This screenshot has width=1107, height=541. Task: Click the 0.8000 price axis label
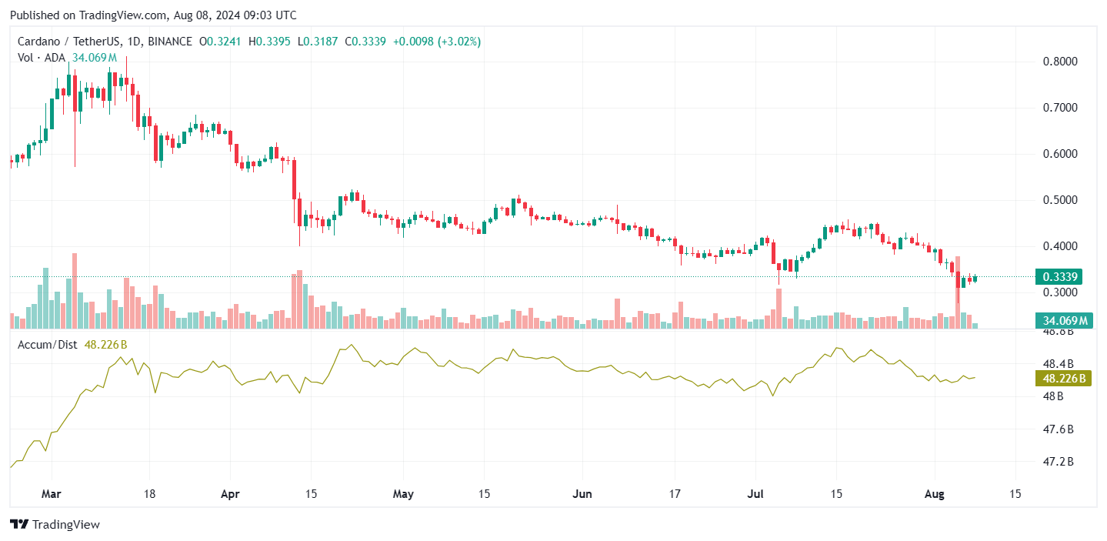[x=1060, y=62]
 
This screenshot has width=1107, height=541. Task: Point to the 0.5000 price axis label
[x=1060, y=200]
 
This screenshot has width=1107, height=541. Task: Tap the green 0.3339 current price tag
[x=1059, y=277]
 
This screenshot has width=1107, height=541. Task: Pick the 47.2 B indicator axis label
[x=1058, y=462]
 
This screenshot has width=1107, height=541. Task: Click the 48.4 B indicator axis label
[x=1058, y=363]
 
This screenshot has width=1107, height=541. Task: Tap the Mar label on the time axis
[x=52, y=493]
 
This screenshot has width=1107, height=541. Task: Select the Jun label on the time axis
[x=582, y=493]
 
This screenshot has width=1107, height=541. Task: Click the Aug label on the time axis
[x=935, y=493]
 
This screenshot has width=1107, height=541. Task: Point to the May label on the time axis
[x=402, y=493]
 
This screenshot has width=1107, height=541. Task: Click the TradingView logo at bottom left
[x=55, y=524]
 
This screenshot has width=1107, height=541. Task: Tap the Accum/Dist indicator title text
[x=47, y=345]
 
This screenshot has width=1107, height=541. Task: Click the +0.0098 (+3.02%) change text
[x=436, y=42]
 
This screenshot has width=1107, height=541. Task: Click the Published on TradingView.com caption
[x=152, y=15]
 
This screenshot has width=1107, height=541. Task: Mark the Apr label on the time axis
[x=230, y=493]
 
